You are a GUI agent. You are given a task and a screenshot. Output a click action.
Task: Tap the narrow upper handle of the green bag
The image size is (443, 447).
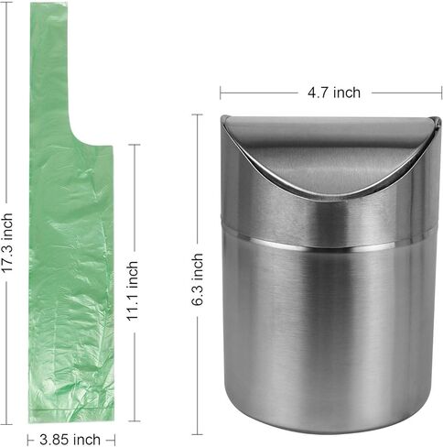[x=49, y=73]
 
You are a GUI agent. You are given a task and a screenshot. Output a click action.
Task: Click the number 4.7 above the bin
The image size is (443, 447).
[x=317, y=92]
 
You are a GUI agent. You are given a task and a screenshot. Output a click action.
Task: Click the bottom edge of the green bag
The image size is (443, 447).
[x=71, y=419]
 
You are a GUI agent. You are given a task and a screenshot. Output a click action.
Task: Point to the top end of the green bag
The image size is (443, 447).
[x=49, y=6]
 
